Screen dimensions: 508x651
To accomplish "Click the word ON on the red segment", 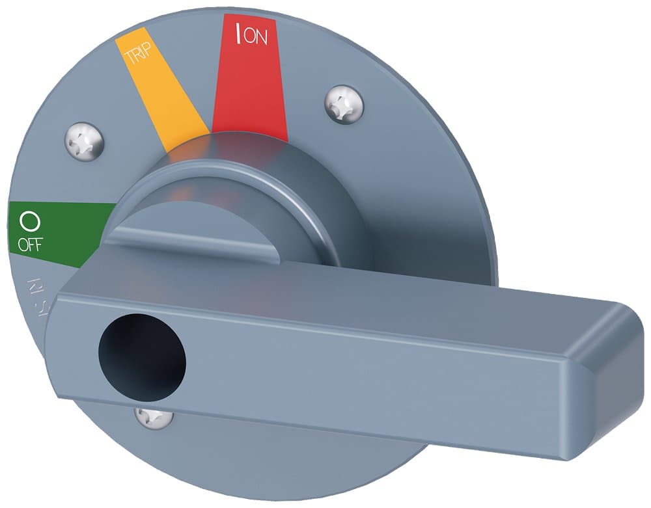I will point(256,36).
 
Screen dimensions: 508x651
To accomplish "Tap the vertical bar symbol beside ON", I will point(239,33).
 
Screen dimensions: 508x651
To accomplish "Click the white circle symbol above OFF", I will point(29,222).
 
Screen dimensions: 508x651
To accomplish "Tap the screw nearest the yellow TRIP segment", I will point(85,140).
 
